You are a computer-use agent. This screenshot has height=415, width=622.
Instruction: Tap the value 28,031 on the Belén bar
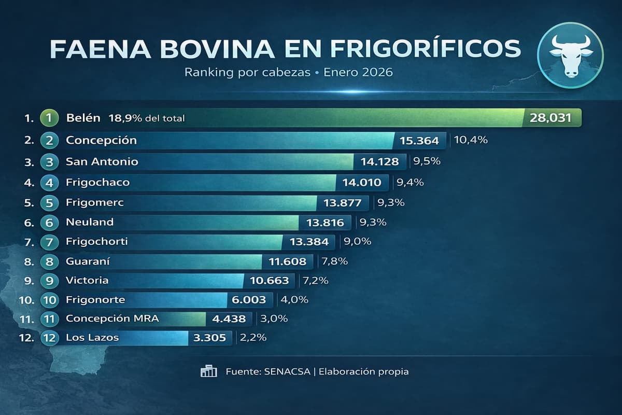point(550,118)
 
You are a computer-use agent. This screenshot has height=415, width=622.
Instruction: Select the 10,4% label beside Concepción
point(471,140)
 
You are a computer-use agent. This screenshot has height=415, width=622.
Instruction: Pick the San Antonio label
point(102,161)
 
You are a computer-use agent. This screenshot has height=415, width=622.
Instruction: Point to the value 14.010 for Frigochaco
point(362,182)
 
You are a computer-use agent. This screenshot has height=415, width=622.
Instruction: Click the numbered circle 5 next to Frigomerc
point(49,202)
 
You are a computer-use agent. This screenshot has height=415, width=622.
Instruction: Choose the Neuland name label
point(90,222)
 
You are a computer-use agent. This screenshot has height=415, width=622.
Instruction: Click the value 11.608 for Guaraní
point(287,261)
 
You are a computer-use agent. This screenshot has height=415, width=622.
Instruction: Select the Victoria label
point(87,280)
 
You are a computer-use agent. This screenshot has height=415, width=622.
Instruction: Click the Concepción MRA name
point(112,318)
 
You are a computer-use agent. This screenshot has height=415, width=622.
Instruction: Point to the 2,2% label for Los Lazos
point(254,338)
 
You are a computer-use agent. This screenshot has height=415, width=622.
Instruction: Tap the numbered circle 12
point(50,338)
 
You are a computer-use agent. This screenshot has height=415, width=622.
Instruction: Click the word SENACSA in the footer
point(287,371)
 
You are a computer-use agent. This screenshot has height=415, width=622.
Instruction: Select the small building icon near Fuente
point(208,371)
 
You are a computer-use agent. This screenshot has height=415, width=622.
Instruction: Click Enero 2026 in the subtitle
point(358,72)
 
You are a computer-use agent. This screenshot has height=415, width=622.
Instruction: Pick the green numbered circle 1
point(48,118)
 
